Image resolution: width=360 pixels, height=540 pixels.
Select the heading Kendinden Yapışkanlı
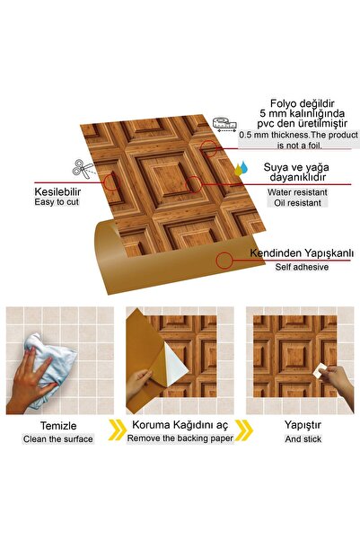(x=300, y=252)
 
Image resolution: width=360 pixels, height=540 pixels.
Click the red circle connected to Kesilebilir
(x=112, y=183)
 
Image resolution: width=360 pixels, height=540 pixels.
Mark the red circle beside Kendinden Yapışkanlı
(x=224, y=260)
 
